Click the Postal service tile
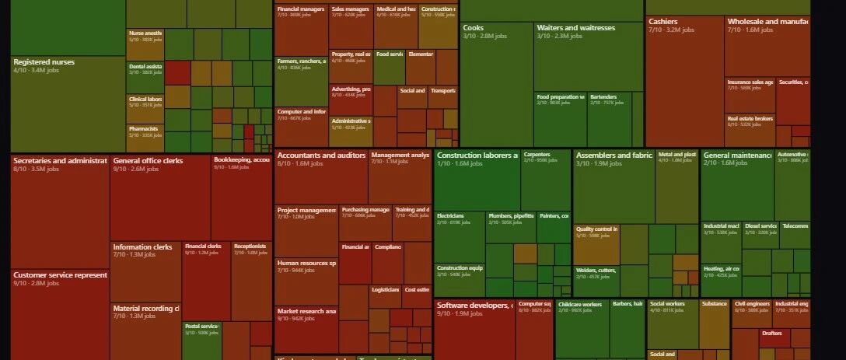(201, 339)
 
